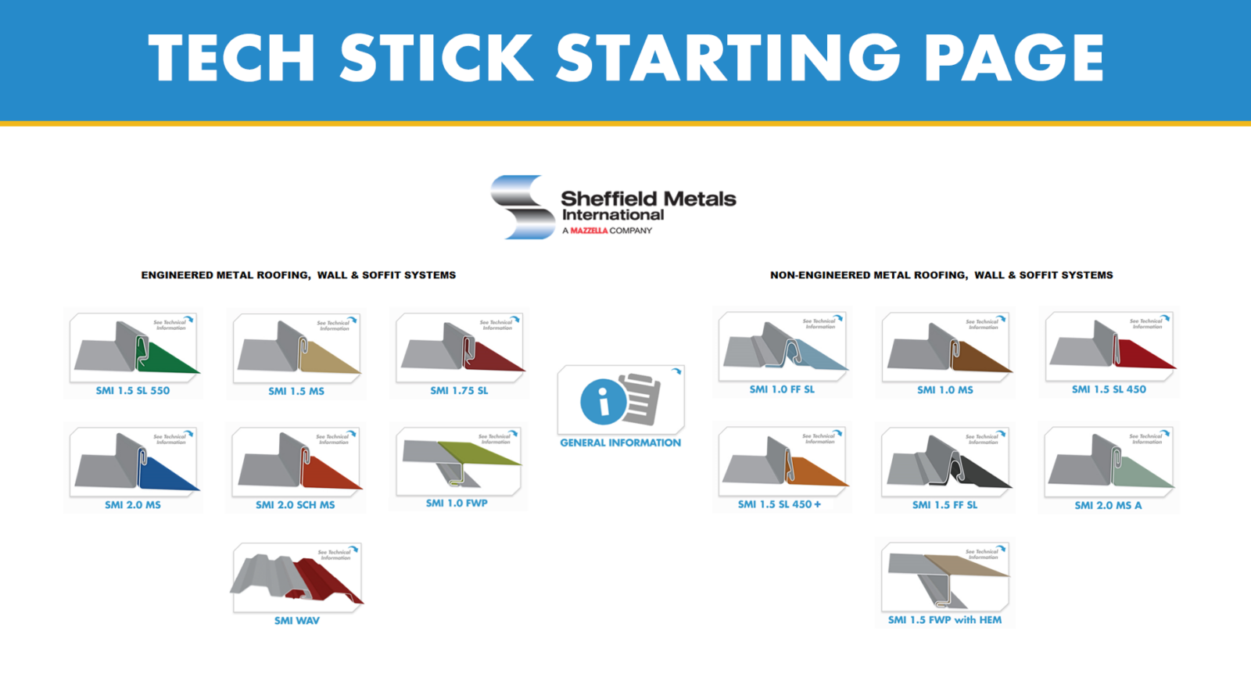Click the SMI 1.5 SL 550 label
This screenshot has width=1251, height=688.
132,390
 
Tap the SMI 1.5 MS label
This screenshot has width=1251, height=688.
296,391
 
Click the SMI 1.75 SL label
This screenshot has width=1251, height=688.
459,390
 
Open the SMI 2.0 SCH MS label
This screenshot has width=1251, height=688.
295,505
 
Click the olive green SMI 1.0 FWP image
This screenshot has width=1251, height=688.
459,461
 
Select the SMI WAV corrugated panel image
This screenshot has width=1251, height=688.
297,578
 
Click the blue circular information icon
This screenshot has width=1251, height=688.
603,402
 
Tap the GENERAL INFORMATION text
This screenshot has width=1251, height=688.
620,443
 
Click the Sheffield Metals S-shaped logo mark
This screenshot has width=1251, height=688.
522,207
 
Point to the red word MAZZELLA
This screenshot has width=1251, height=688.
589,231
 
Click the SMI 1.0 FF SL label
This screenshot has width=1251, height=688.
782,389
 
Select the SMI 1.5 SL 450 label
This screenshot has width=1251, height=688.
1109,389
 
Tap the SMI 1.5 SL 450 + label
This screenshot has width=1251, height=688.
780,504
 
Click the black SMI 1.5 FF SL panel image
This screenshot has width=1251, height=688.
946,464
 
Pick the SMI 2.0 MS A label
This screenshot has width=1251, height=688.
1108,505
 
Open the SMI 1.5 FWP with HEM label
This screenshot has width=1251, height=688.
945,620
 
